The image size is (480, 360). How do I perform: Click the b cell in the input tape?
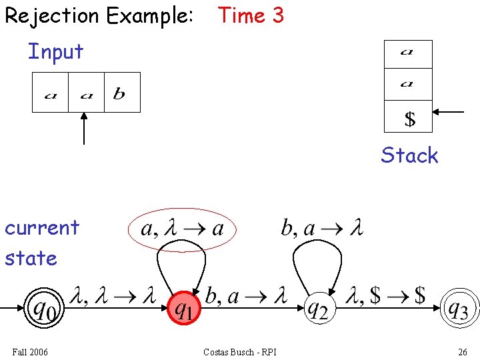tap(122, 93)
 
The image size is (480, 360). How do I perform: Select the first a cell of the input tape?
tap(51, 93)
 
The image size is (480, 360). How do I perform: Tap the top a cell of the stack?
tap(409, 54)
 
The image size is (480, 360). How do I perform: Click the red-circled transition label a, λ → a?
tap(182, 229)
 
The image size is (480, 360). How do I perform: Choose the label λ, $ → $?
tap(387, 295)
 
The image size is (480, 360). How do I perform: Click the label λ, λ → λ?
tap(113, 295)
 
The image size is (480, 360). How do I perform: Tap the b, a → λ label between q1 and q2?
tap(246, 295)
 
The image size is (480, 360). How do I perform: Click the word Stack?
tap(409, 155)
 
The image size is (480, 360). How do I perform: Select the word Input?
tap(55, 51)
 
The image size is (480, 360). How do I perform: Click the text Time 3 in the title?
tap(251, 15)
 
